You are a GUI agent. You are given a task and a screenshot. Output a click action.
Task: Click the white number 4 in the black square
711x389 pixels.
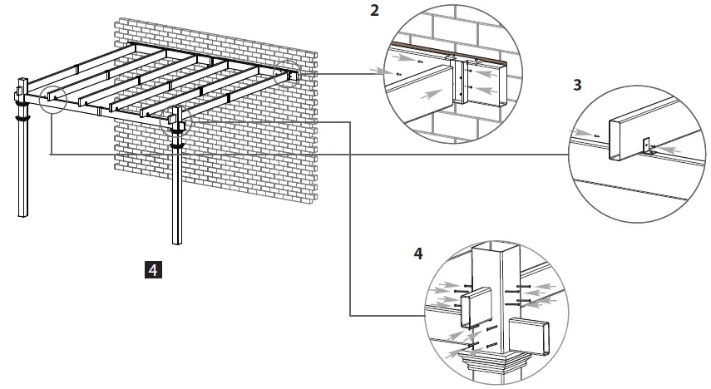[153, 268]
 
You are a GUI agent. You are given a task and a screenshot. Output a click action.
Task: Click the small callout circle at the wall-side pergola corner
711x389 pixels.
[289, 74]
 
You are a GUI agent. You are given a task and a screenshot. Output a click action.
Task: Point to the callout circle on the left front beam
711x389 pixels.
[49, 98]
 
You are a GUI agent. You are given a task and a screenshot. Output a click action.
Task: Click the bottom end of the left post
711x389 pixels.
[22, 214]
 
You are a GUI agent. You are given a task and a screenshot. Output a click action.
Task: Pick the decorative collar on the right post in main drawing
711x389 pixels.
[177, 145]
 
